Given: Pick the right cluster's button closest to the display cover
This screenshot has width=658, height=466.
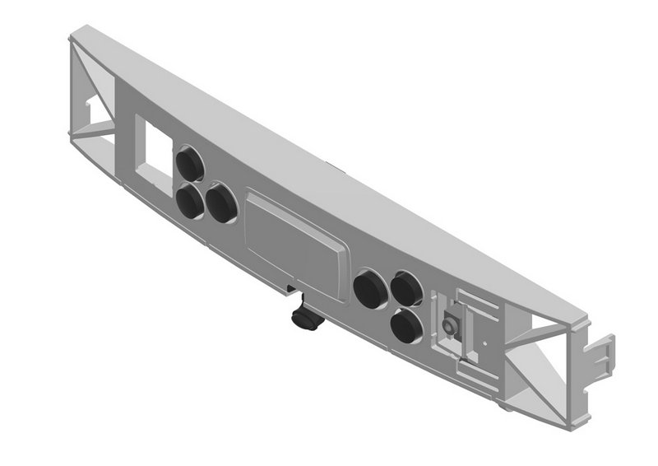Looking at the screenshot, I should coord(369,291).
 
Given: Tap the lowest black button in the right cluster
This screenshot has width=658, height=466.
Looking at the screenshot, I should coord(406,327).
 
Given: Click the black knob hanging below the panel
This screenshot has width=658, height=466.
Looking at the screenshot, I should coord(305,318).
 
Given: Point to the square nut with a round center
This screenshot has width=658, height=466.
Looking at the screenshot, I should coord(450,327).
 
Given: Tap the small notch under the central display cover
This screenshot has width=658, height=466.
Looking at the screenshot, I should coord(290,288).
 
